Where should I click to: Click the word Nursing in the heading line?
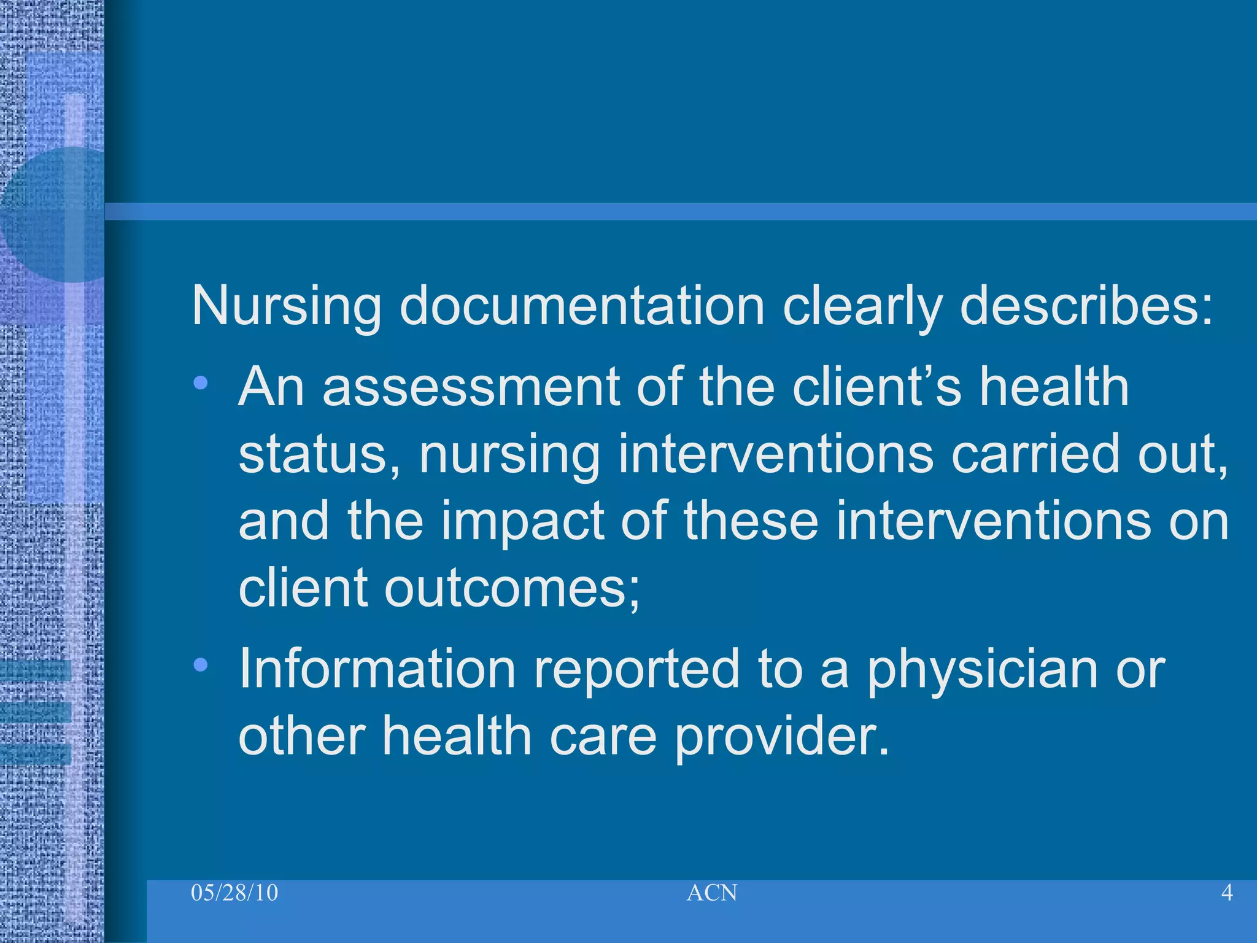tap(287, 306)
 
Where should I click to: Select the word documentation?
tap(582, 306)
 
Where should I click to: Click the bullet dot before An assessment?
tap(200, 384)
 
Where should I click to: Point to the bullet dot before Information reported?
tap(200, 664)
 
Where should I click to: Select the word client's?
tap(876, 387)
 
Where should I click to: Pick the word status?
tap(319, 454)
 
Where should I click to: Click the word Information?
tap(377, 669)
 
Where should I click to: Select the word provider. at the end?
tap(782, 737)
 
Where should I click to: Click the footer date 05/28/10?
tap(234, 893)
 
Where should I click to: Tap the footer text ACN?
tap(712, 893)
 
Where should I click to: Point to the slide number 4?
tap(1227, 893)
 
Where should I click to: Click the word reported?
tap(637, 670)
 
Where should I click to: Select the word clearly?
tap(862, 306)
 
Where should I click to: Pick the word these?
tap(751, 522)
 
